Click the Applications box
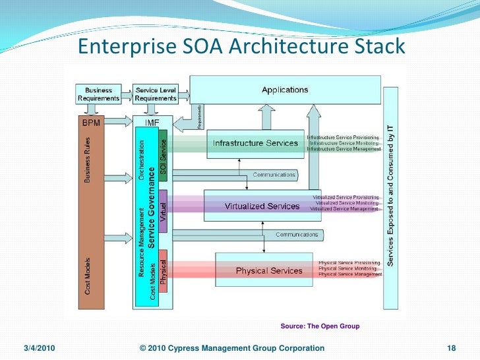tap(285, 90)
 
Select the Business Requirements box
tap(98, 94)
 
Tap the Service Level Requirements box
tap(155, 94)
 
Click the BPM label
tap(92, 122)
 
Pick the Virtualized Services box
tap(262, 206)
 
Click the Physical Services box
tap(269, 270)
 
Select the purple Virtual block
tap(164, 210)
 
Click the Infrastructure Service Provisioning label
tap(343, 137)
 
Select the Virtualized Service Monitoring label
tap(347, 202)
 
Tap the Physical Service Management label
tap(349, 274)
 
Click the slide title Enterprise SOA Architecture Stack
tap(241, 46)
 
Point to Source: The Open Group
tap(320, 326)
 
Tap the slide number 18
tap(452, 348)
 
